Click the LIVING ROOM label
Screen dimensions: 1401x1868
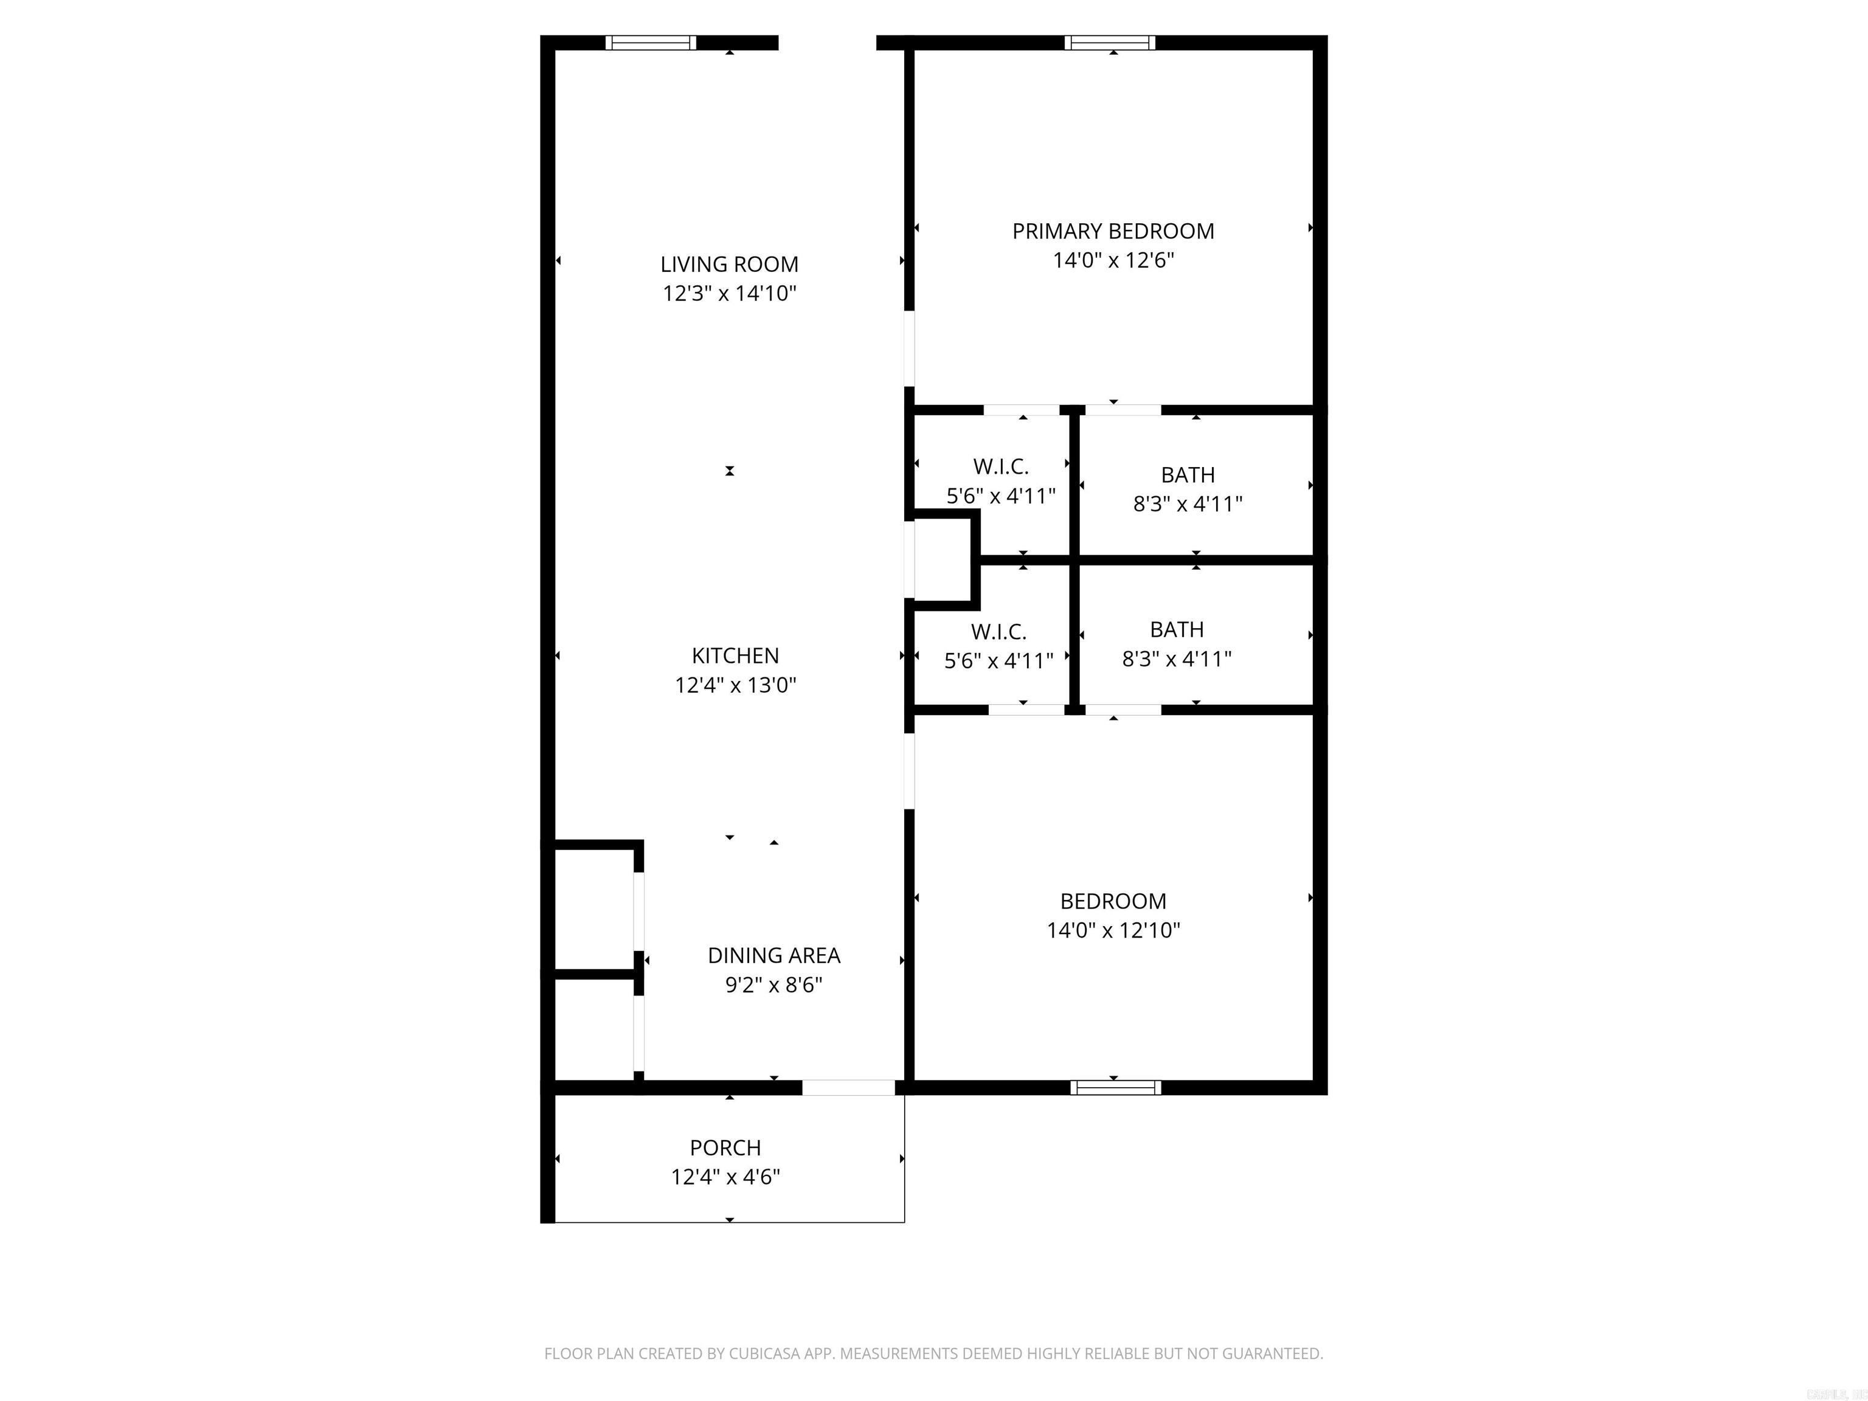point(729,265)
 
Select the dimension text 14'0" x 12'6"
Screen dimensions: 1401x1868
point(1112,260)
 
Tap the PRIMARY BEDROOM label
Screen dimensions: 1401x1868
point(1112,232)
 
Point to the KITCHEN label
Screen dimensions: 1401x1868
point(735,656)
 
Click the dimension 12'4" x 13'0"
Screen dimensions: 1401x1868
point(735,685)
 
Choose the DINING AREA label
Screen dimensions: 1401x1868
point(773,955)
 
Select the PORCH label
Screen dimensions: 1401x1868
point(725,1147)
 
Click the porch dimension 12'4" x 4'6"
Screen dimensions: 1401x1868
point(725,1177)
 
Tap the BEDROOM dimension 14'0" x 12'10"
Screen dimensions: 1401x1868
point(1112,930)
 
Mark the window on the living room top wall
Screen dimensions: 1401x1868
point(650,43)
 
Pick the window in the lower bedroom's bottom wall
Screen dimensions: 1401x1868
point(1115,1088)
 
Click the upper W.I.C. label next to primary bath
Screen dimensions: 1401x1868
point(1000,466)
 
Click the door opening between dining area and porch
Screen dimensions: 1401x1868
point(847,1088)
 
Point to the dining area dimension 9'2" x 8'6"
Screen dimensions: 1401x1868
point(773,984)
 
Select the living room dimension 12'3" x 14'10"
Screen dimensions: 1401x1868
point(729,294)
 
